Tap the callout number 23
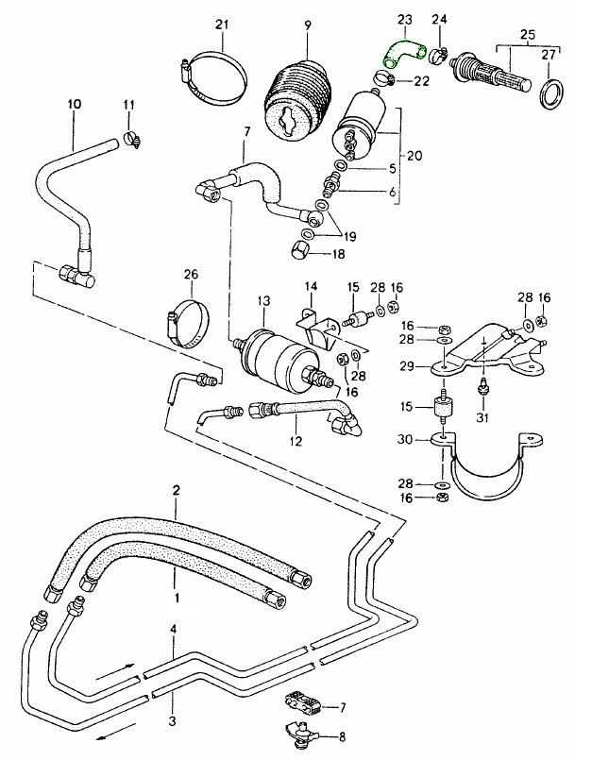tap(404, 18)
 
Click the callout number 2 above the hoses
tap(176, 490)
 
